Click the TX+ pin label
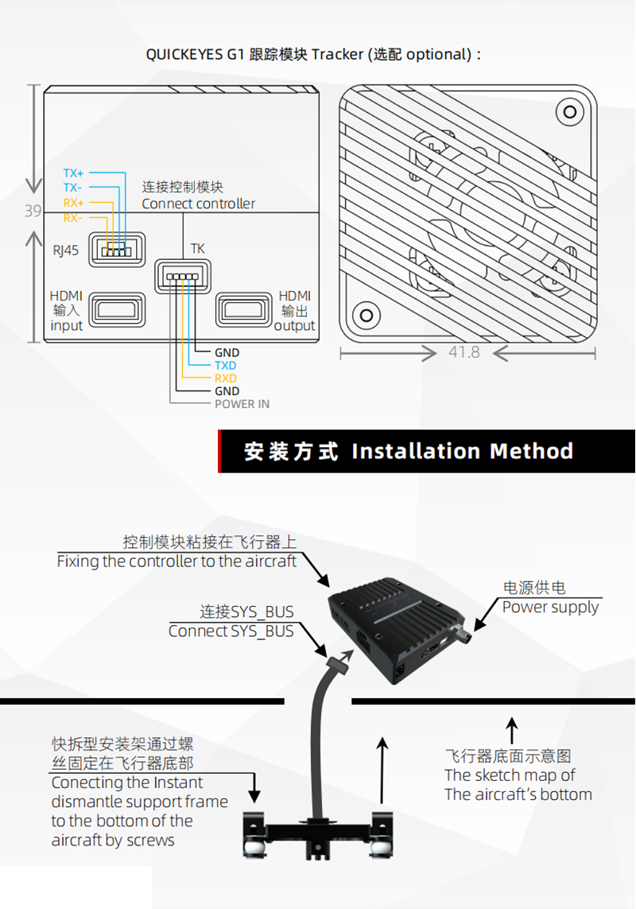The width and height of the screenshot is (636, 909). click(74, 173)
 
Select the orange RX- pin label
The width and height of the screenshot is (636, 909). click(73, 218)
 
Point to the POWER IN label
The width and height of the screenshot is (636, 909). click(242, 404)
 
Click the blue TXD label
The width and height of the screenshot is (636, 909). click(226, 366)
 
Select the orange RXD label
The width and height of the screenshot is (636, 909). click(226, 379)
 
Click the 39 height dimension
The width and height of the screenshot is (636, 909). click(33, 212)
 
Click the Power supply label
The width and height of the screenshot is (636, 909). click(550, 607)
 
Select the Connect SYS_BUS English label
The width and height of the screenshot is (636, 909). click(231, 631)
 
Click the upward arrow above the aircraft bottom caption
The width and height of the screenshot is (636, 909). click(513, 730)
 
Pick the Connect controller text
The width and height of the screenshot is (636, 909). click(199, 204)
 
